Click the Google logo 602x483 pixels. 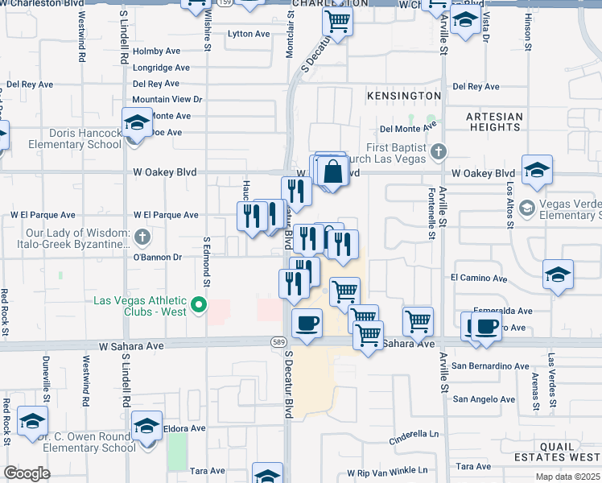(27, 473)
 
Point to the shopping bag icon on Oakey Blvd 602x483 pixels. (332, 171)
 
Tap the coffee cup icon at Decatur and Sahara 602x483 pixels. (307, 324)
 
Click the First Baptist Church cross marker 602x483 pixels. (438, 151)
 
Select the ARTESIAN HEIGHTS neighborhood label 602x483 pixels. (494, 122)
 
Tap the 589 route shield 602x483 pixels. (276, 342)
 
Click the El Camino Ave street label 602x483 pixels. (479, 279)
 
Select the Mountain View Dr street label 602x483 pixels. (167, 100)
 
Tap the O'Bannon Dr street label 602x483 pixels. (158, 258)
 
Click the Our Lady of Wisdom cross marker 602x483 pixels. (142, 237)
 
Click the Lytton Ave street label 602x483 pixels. (249, 34)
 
